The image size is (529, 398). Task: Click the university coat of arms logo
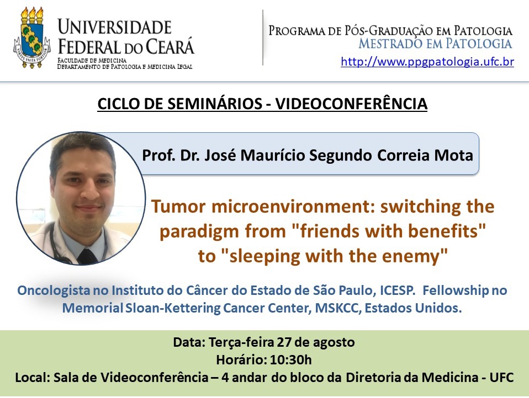point(31,38)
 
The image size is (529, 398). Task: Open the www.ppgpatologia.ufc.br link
point(427,62)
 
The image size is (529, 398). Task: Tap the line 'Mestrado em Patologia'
point(435,44)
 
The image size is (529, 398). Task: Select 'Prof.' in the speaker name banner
point(156,155)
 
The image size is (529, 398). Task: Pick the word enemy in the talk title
point(416,256)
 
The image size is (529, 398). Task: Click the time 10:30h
point(291,360)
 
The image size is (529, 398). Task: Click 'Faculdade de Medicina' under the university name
point(92,60)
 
